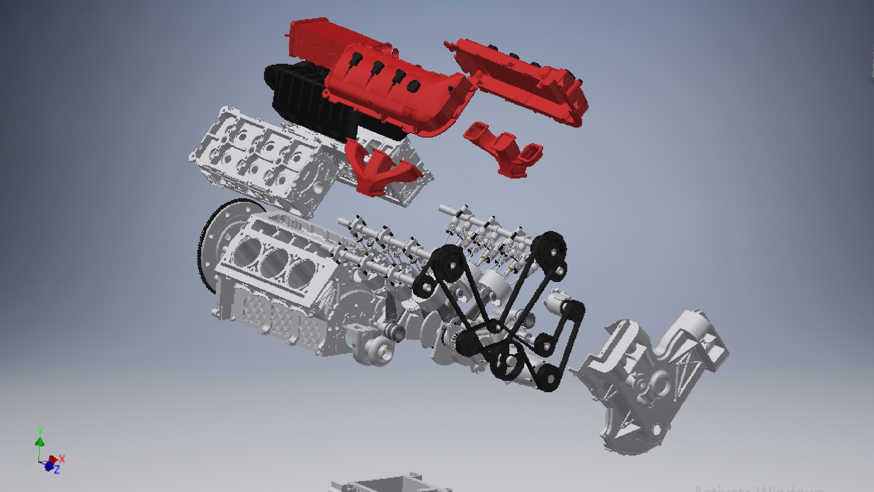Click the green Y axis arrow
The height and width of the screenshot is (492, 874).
pyautogui.click(x=40, y=441)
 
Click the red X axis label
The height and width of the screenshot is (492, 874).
pyautogui.click(x=62, y=458)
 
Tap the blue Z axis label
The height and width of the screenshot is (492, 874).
pyautogui.click(x=57, y=470)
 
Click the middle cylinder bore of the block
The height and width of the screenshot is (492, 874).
pyautogui.click(x=273, y=260)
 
